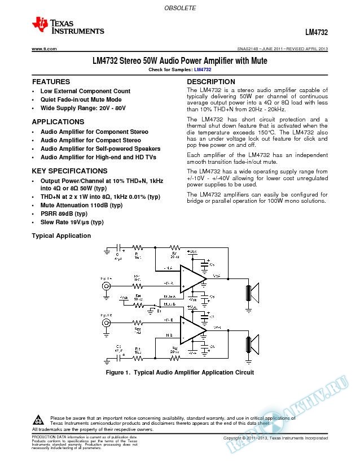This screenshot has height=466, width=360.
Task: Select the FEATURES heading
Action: pyautogui.click(x=51, y=82)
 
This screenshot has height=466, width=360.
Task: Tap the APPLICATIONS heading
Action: pyautogui.click(x=58, y=122)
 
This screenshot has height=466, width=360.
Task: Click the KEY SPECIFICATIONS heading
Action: pyautogui.click(x=69, y=171)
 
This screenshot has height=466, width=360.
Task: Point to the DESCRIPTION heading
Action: pyautogui.click(x=210, y=82)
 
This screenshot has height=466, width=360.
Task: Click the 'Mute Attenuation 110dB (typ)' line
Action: pyautogui.click(x=81, y=206)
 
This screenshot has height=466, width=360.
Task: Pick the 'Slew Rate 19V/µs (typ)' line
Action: pyautogui.click(x=72, y=223)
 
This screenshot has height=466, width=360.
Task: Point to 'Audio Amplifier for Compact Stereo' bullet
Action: pyautogui.click(x=90, y=140)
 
